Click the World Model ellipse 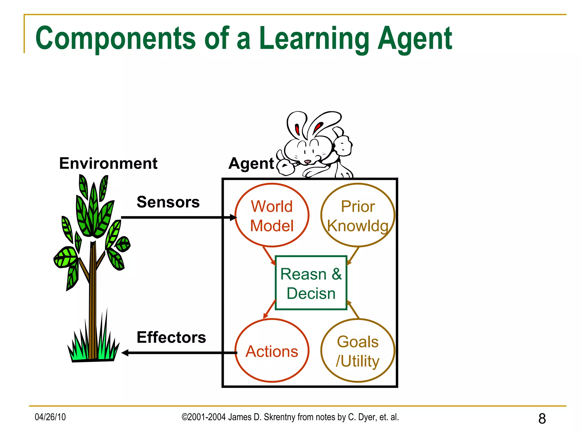[x=272, y=215]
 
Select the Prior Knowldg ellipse [x=358, y=215]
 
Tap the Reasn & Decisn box [x=311, y=283]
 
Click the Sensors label [x=168, y=202]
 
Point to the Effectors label [x=171, y=337]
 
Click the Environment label [x=108, y=163]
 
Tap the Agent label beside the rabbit [x=251, y=164]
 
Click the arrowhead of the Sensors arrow [x=233, y=217]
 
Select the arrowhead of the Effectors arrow [x=125, y=353]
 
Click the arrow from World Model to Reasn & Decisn [x=269, y=255]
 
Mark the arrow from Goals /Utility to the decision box [x=353, y=310]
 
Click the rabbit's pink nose [x=308, y=162]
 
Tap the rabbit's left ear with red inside [x=297, y=127]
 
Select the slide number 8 [x=542, y=419]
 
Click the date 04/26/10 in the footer [x=50, y=417]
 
